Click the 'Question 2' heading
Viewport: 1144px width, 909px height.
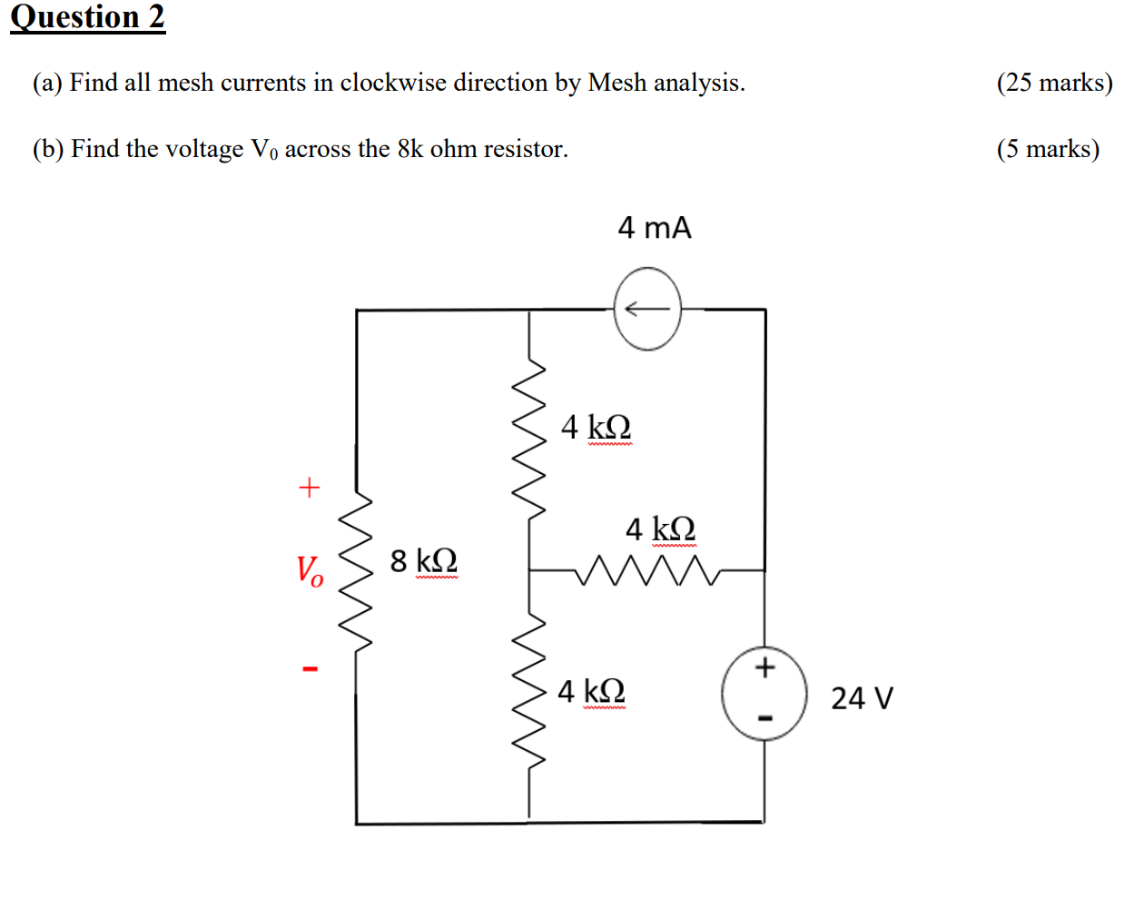point(87,17)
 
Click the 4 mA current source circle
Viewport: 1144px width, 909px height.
point(647,309)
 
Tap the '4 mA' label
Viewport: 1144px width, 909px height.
point(654,227)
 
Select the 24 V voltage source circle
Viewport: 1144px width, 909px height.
point(764,694)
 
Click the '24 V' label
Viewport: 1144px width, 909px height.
point(862,697)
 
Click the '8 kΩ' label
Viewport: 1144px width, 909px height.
point(423,560)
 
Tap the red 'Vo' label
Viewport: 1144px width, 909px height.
point(310,571)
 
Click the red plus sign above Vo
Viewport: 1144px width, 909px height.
point(310,488)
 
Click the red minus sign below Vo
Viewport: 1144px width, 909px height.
point(311,669)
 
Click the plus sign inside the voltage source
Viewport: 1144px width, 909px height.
point(764,667)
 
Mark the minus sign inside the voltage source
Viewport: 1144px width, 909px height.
point(764,718)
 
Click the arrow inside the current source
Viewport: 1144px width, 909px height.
point(646,310)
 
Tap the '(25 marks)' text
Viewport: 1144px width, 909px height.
point(1054,83)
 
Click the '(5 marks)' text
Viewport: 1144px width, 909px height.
point(1048,149)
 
